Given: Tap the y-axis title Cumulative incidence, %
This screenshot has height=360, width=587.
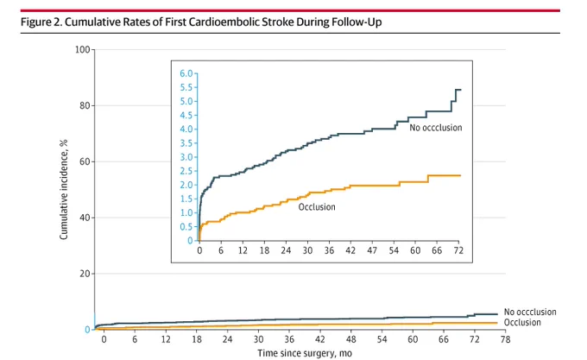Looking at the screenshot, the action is [64, 189].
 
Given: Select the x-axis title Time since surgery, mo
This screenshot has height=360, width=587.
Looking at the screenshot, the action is [305, 353].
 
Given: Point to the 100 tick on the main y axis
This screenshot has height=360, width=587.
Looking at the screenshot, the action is [83, 49].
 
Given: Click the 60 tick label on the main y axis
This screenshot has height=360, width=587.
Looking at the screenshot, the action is [85, 161].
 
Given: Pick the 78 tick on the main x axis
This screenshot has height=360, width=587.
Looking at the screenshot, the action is [505, 339].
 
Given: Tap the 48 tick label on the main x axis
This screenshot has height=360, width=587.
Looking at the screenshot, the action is [351, 339].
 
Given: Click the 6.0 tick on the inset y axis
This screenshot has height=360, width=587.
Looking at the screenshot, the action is [186, 73].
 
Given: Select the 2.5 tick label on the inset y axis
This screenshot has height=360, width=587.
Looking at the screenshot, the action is [186, 171].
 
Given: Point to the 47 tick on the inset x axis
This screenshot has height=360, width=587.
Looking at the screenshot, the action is [372, 250].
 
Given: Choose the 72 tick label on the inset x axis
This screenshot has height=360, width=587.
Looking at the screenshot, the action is [458, 250].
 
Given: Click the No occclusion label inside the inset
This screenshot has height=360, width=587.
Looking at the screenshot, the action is [436, 128].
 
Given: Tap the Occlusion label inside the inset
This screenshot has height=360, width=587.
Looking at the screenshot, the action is [317, 207].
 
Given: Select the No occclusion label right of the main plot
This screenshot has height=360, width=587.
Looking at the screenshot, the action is [530, 312].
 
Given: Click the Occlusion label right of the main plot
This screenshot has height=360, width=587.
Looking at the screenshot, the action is [522, 322].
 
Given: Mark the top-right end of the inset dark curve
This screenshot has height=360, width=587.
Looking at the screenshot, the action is [461, 90].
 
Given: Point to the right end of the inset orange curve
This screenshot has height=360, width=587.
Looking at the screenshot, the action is [461, 175].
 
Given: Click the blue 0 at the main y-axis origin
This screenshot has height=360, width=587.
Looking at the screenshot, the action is [87, 330].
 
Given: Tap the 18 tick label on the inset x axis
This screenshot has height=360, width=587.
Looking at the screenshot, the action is [264, 250].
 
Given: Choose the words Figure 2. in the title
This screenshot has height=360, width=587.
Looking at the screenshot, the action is [41, 22].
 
